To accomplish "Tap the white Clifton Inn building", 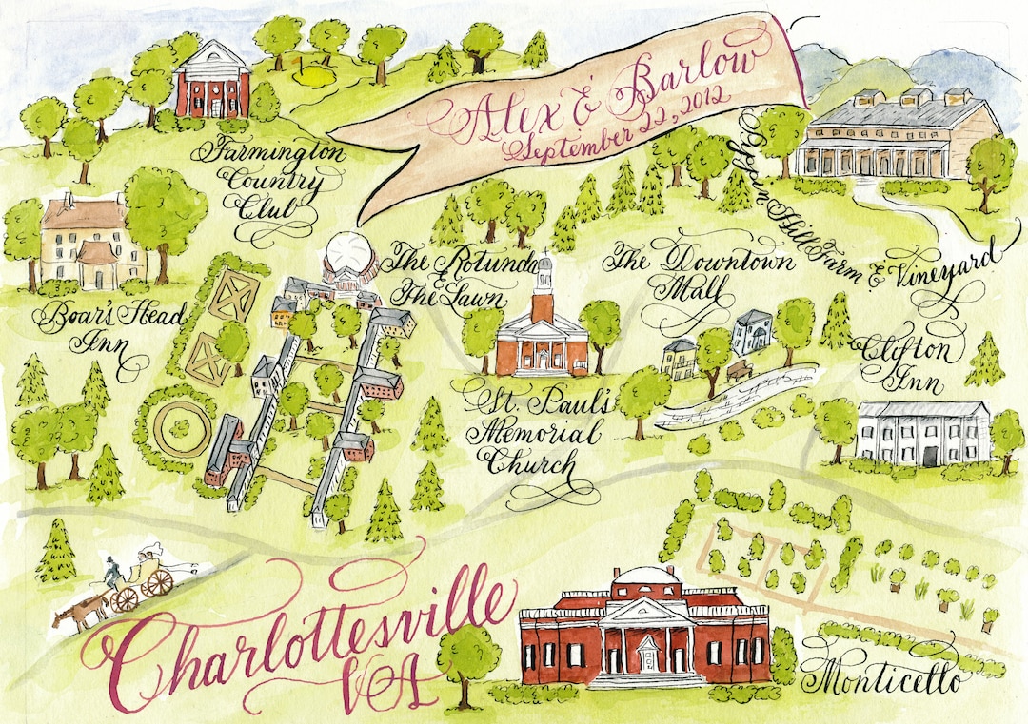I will click(x=922, y=432).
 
